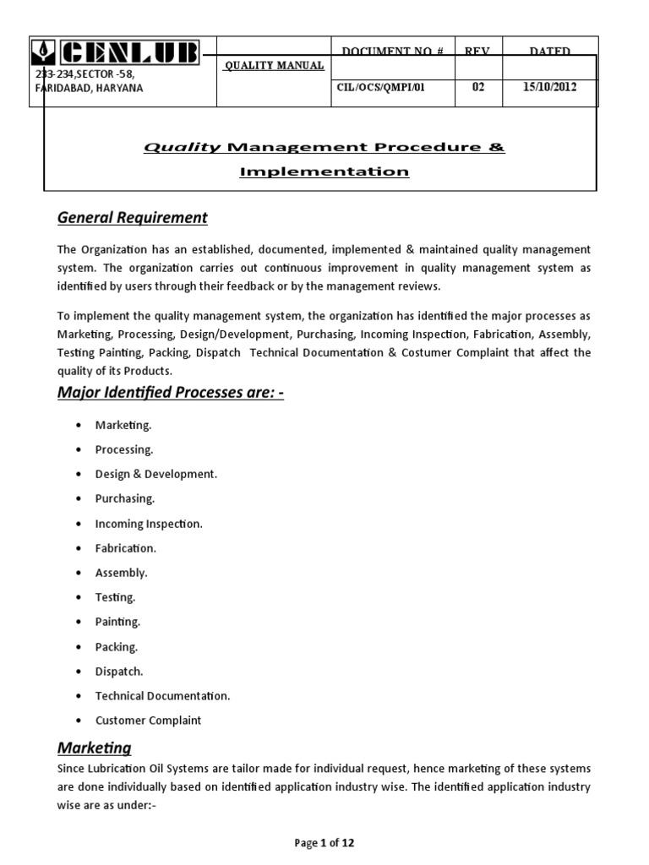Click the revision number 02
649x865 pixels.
[478, 87]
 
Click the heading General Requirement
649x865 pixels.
[132, 218]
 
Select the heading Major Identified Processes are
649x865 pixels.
[170, 393]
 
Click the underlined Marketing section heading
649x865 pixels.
[94, 748]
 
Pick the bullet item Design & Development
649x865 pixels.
[156, 474]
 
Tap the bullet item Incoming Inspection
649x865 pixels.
[149, 524]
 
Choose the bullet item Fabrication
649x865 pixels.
[125, 548]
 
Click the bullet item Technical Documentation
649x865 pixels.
[162, 696]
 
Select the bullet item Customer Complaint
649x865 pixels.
[148, 721]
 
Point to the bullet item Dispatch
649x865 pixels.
[119, 672]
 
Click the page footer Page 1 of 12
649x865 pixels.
[324, 843]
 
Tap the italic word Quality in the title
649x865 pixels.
[182, 148]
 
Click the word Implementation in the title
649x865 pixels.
[324, 171]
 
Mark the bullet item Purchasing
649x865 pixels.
[125, 498]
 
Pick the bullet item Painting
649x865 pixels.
[117, 622]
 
